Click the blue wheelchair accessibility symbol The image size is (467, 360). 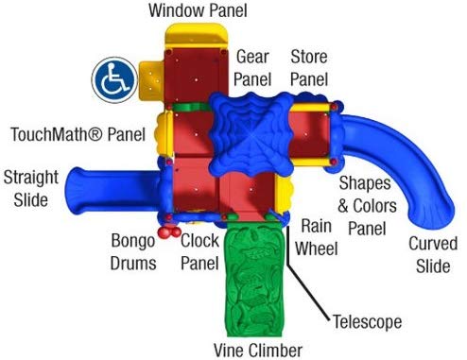pyautogui.click(x=112, y=78)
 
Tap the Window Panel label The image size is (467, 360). pyautogui.click(x=198, y=10)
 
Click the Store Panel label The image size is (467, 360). pyautogui.click(x=308, y=67)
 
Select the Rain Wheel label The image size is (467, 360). pyautogui.click(x=318, y=237)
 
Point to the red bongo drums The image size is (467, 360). pyautogui.click(x=168, y=230)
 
